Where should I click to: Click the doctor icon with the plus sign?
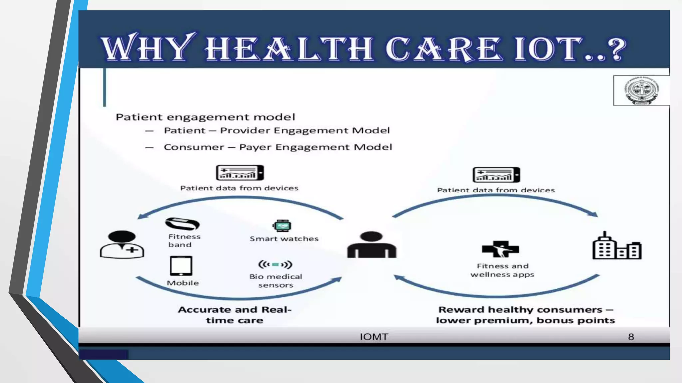click(122, 245)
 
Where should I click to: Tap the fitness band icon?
click(182, 224)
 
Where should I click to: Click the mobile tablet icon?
click(181, 266)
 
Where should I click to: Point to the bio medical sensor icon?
click(275, 265)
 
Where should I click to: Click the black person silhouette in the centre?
click(371, 245)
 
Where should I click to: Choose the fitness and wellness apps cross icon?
click(500, 249)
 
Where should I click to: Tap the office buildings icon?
click(617, 246)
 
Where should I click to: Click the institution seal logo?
click(641, 90)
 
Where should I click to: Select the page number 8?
click(631, 337)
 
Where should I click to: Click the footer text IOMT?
click(374, 337)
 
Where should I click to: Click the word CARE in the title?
click(443, 49)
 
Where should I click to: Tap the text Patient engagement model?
click(205, 117)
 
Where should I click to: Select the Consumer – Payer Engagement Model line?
click(278, 147)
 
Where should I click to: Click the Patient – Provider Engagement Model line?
click(276, 130)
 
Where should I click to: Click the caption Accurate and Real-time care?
click(235, 315)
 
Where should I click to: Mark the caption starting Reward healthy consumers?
click(525, 315)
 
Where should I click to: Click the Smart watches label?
click(284, 239)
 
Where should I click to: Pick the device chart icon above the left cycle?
click(240, 173)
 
